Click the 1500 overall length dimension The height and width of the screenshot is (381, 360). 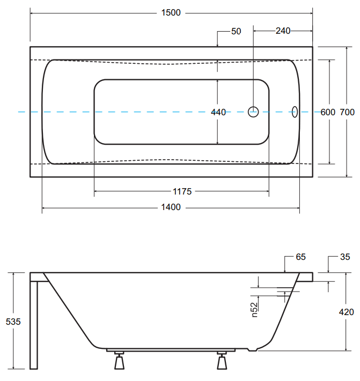coord(171,13)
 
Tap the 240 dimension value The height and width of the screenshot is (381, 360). coord(283,31)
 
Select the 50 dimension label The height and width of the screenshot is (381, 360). coord(236,31)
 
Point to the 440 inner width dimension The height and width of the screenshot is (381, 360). coord(218,112)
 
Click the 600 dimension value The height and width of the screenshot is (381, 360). coord(327,112)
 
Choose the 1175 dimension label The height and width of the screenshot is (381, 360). coord(182,191)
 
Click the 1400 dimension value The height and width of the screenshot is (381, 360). coord(171,207)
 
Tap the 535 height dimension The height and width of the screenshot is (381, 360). coord(13,322)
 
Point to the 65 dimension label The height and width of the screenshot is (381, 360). coord(300,257)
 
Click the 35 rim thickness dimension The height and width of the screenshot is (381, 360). coord(345,257)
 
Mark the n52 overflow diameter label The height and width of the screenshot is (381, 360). coord(255,309)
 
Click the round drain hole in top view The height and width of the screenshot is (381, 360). coord(254,112)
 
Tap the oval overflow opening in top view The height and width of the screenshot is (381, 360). coord(294,112)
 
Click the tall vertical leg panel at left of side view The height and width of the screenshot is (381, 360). coord(34,324)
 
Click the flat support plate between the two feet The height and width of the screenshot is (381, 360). coord(171,351)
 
